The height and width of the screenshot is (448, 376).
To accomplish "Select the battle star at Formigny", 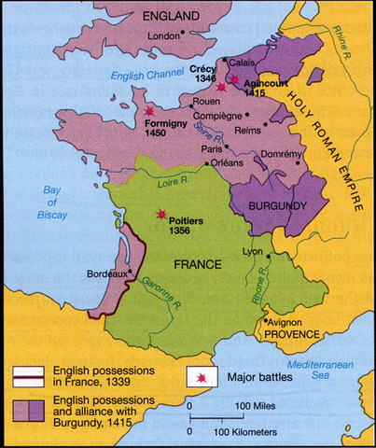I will [149, 111].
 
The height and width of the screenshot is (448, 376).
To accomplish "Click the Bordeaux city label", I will [104, 273].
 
